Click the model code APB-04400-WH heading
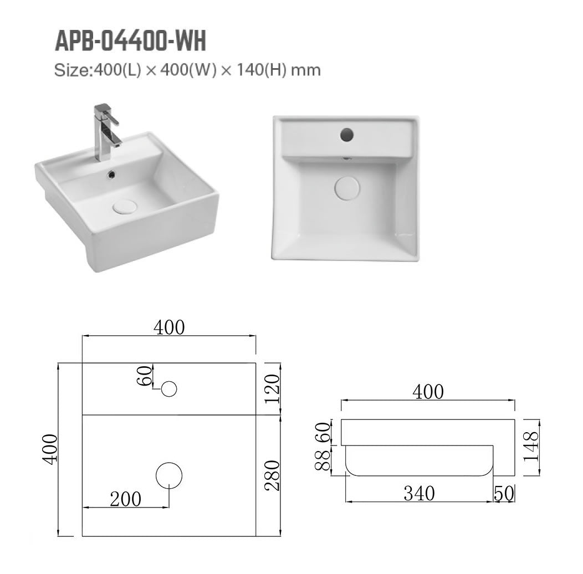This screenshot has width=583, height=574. click(x=130, y=41)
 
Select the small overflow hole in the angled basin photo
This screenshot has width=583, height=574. click(x=111, y=174)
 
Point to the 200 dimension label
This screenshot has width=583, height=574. click(x=125, y=500)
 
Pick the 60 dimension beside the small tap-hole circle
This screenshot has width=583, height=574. click(x=146, y=377)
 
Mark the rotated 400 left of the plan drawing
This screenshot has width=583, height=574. click(x=50, y=449)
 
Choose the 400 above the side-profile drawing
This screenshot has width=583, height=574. click(x=427, y=392)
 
